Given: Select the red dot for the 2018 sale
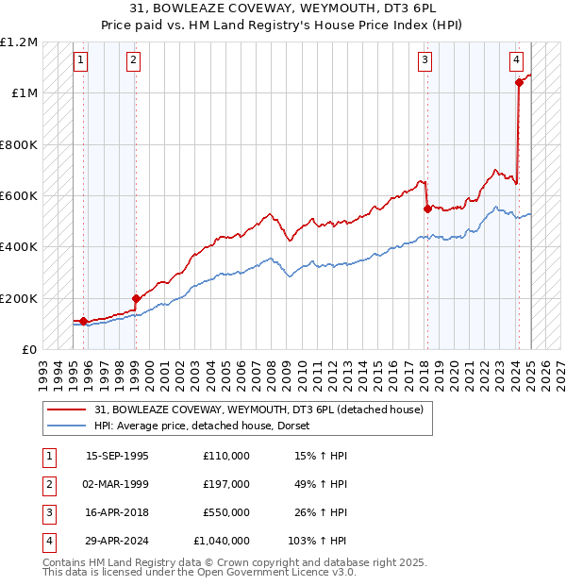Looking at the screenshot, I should [x=427, y=209].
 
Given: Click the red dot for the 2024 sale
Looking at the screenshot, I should [x=519, y=83].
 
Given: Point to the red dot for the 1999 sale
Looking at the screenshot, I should [x=136, y=299].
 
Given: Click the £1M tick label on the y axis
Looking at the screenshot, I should [x=25, y=93].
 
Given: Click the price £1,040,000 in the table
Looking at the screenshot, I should [x=222, y=542].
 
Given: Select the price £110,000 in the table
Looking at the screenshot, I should [x=226, y=456].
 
